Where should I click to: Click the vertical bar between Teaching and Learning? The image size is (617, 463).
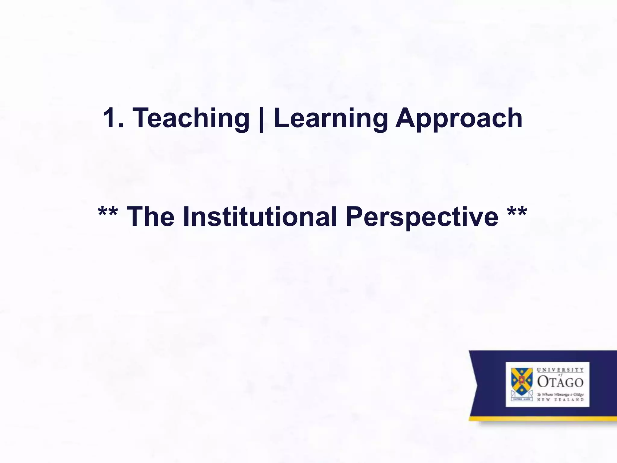(262, 119)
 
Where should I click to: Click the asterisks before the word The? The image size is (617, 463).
(108, 213)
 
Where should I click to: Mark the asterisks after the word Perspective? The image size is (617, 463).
(517, 213)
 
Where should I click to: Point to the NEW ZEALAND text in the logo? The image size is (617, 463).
(560, 400)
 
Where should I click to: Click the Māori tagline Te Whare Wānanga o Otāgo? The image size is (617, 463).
(560, 394)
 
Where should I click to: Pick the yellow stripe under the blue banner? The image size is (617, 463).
(542, 418)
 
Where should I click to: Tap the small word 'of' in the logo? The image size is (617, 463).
(560, 375)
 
